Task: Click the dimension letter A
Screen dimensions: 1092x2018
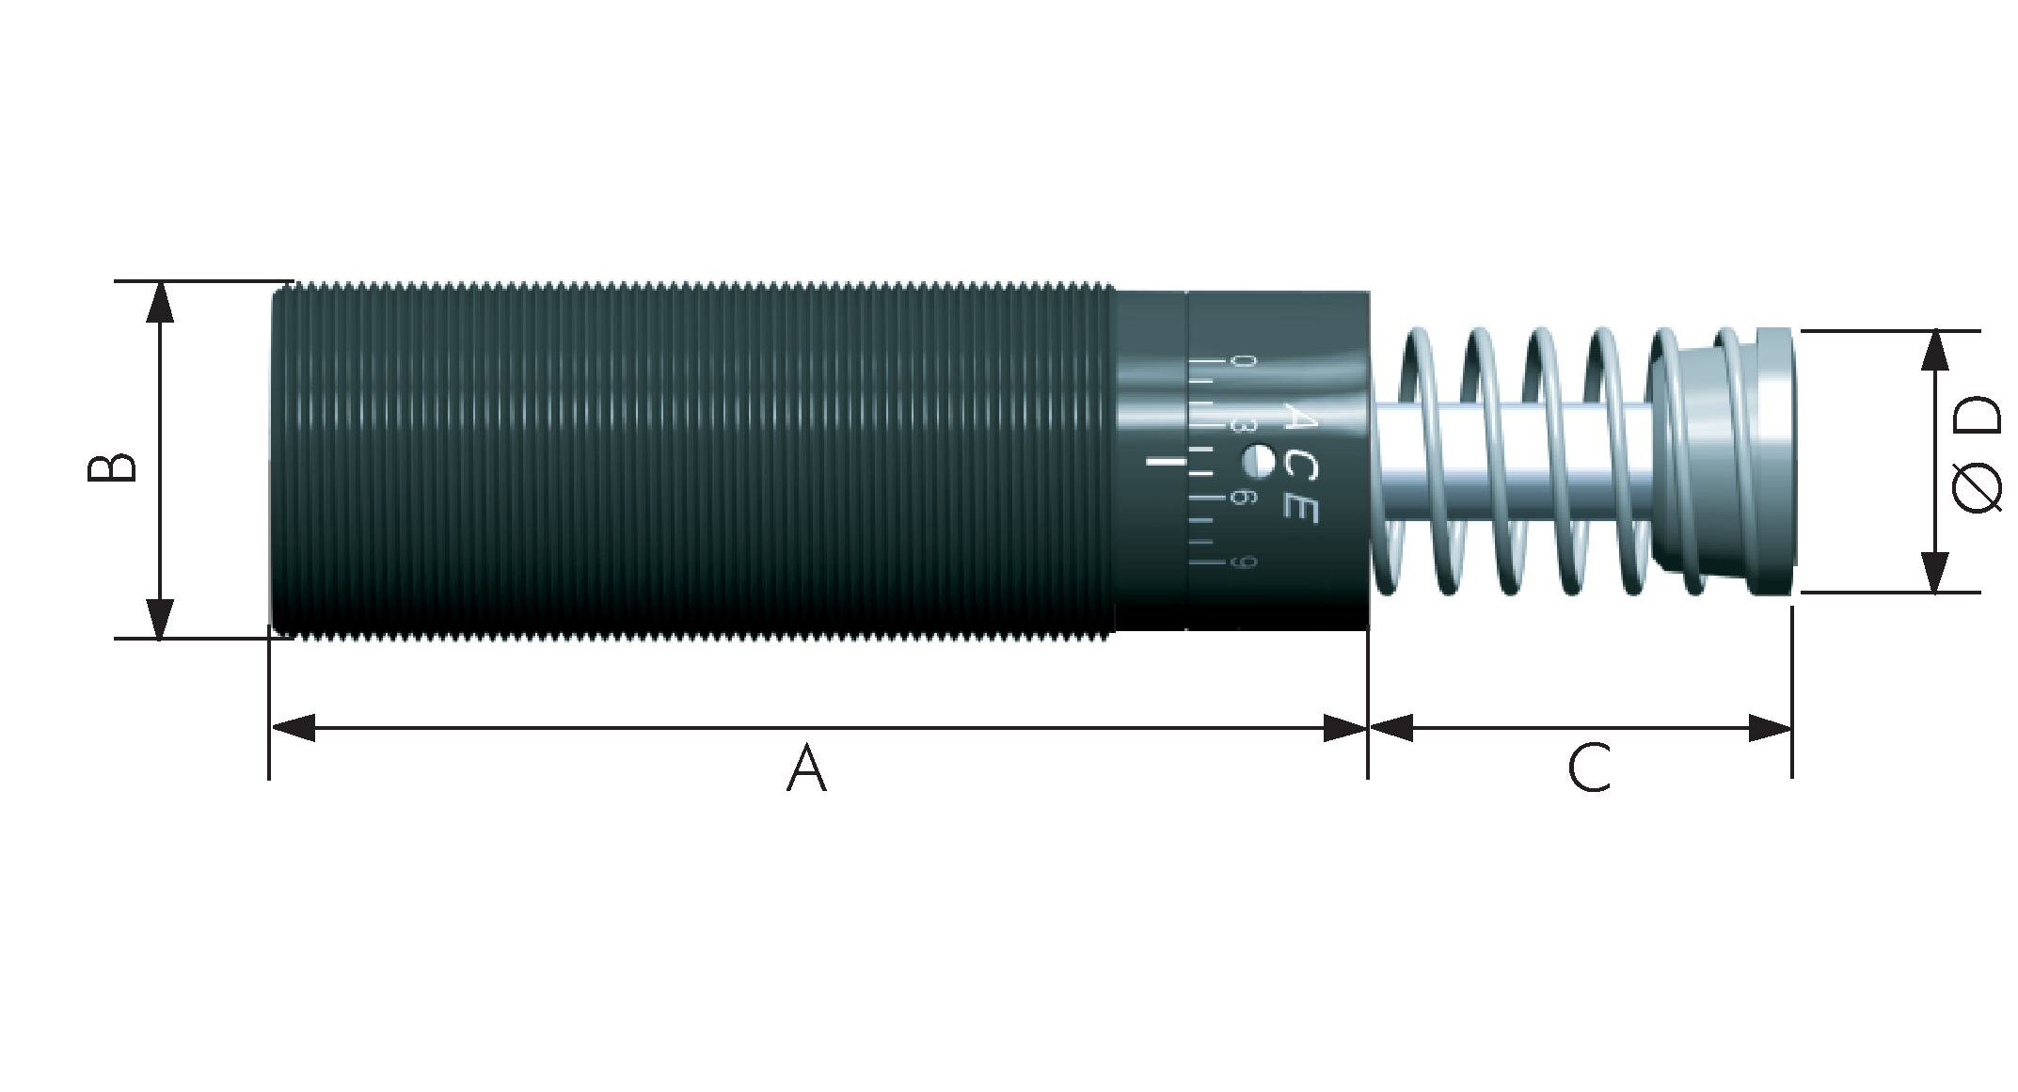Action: tap(806, 768)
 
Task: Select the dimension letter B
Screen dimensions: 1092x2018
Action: tap(112, 467)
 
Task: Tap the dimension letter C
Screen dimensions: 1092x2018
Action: tap(1589, 768)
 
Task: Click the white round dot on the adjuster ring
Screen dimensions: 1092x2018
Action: tap(1258, 461)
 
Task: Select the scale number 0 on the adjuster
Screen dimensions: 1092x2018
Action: tap(1244, 361)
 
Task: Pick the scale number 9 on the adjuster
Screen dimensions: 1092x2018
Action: tap(1244, 563)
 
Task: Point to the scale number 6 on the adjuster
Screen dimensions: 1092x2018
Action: tap(1244, 497)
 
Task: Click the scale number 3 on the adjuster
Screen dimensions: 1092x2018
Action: tap(1244, 425)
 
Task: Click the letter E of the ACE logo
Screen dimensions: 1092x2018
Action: tap(1300, 508)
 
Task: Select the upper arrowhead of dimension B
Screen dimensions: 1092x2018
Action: tap(161, 301)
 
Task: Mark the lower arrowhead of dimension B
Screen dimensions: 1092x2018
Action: tap(161, 619)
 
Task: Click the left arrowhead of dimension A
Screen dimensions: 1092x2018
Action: tap(293, 727)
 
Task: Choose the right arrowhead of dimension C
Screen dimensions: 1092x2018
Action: tap(1770, 727)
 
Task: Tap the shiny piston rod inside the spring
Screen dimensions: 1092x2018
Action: tap(1505, 461)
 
